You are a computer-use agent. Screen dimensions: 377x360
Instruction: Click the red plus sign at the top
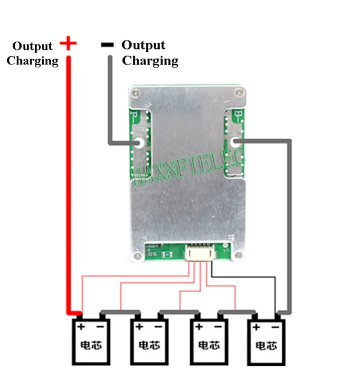pyautogui.click(x=68, y=44)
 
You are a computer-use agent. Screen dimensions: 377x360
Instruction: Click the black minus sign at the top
pyautogui.click(x=108, y=45)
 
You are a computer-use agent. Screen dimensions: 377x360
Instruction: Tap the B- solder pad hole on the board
pyautogui.click(x=234, y=142)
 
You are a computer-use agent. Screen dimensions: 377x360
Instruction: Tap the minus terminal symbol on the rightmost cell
pyautogui.click(x=275, y=327)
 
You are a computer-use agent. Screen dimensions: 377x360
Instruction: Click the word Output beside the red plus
pyautogui.click(x=32, y=46)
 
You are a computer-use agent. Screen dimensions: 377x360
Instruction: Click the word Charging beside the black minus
pyautogui.click(x=150, y=61)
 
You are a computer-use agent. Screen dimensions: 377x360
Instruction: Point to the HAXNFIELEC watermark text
pyautogui.click(x=189, y=162)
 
